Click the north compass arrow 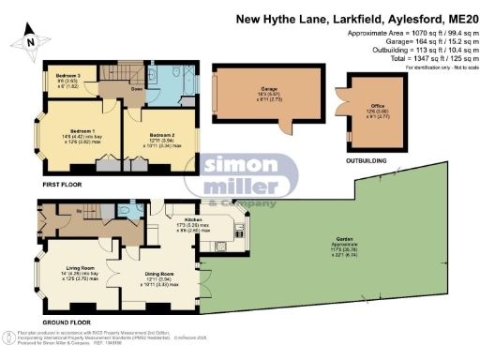pos(29,38)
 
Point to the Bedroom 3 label pos(67,74)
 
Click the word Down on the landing pos(137,90)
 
